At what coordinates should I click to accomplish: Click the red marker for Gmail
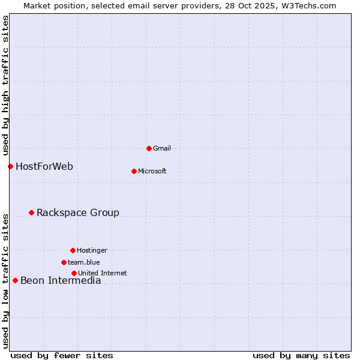coord(149,148)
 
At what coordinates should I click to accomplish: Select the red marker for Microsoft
coord(134,171)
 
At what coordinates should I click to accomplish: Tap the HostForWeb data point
coord(10,166)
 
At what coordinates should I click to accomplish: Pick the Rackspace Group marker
coord(31,212)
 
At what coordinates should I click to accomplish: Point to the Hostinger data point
coord(73,250)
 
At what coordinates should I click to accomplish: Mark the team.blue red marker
coord(64,262)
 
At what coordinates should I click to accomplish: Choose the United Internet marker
coord(74,273)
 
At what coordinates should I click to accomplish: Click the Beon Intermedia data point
coord(15,280)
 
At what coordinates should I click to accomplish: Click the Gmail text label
coord(162,148)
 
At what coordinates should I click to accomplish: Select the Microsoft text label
coord(152,171)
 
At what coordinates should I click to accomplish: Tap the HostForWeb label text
coord(44,166)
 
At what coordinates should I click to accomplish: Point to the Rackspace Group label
coord(78,212)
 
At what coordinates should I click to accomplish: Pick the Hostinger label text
coord(92,250)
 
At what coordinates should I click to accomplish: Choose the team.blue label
coord(84,262)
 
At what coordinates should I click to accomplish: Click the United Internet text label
coord(103,273)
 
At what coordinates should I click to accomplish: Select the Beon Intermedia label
coord(61,280)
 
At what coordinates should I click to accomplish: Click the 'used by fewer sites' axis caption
coord(62,355)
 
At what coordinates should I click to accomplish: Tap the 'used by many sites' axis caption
coord(301,355)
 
